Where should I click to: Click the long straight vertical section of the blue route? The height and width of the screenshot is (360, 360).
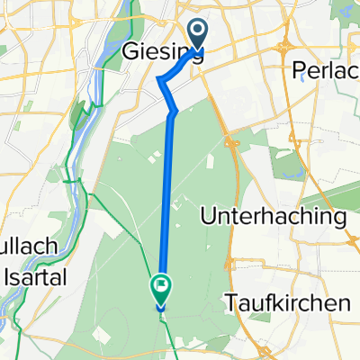coord(168,198)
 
